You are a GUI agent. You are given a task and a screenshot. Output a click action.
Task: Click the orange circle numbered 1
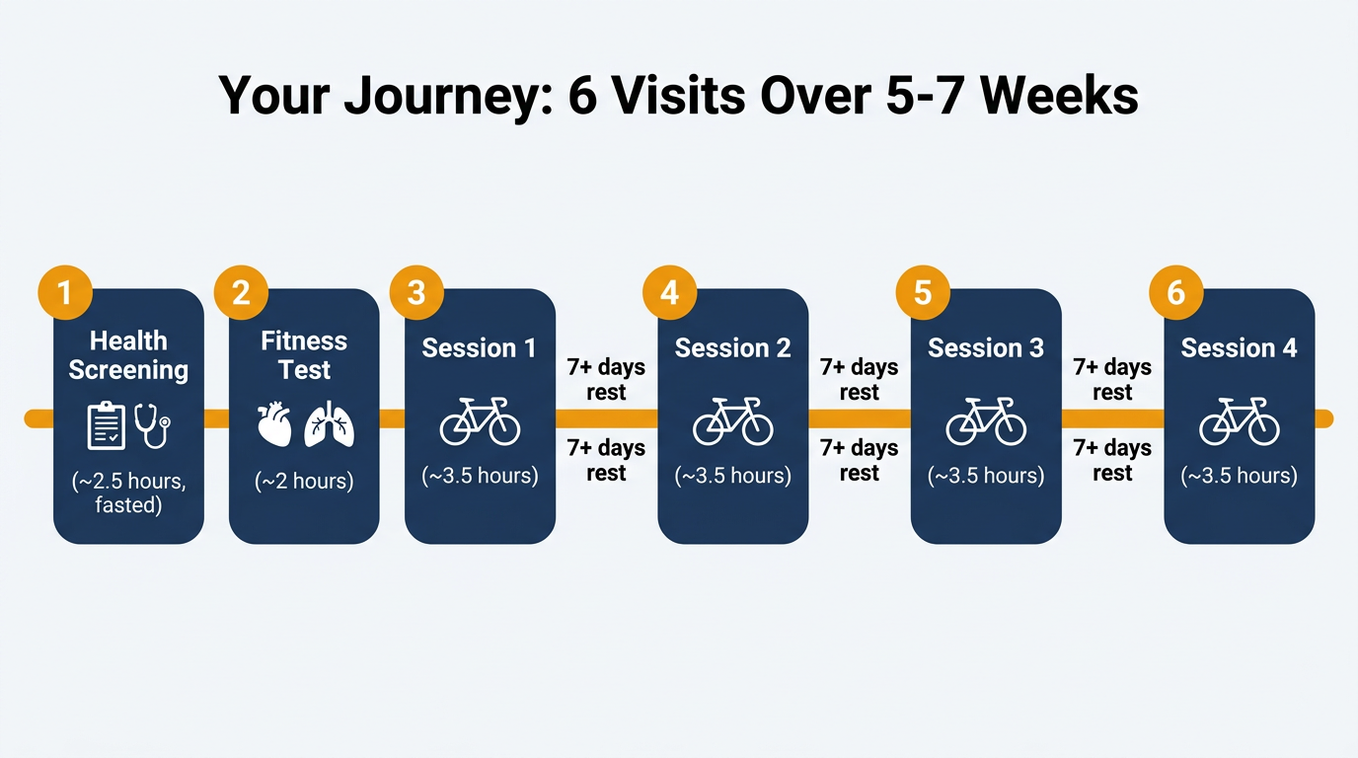65,293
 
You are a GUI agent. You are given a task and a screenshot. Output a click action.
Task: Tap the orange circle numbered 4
670,293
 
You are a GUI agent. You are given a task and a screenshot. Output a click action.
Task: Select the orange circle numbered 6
1176,293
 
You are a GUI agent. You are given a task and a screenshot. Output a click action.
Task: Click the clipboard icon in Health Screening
107,425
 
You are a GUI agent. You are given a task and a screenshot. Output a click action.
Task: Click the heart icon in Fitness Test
275,424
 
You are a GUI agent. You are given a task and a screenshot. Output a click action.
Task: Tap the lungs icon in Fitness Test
330,424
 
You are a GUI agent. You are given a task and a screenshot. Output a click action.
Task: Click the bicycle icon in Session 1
480,421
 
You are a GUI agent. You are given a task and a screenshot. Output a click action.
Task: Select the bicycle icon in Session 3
986,421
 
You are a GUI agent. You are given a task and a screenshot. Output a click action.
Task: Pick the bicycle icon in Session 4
1240,421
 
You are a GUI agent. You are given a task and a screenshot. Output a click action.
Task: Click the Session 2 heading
732,348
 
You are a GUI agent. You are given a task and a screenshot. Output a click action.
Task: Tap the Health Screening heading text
128,355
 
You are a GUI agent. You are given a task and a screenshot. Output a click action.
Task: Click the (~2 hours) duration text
304,482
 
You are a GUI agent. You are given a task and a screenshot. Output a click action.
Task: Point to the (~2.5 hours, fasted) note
128,493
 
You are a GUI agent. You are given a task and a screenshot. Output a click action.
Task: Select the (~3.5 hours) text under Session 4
1240,476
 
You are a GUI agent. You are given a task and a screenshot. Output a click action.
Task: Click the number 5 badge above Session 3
923,293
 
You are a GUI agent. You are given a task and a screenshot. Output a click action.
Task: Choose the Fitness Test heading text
304,355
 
